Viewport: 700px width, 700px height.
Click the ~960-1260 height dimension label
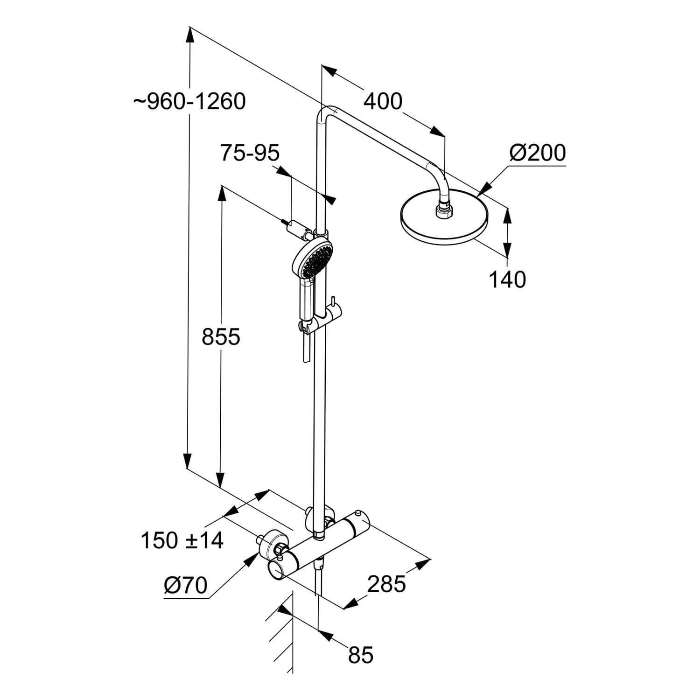click(x=189, y=101)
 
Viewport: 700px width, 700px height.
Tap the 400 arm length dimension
click(x=383, y=101)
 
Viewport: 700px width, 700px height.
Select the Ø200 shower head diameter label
click(x=537, y=153)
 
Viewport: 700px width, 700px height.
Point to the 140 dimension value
click(x=507, y=280)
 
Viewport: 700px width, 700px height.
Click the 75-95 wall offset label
click(x=250, y=153)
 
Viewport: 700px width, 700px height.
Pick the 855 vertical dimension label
click(x=221, y=336)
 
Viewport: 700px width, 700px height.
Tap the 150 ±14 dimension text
click(x=182, y=540)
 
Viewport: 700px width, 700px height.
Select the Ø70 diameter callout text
click(x=185, y=585)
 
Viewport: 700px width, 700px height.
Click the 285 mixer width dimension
click(x=386, y=583)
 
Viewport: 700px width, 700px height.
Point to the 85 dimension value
click(x=361, y=655)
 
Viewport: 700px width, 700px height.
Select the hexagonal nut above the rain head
click(x=443, y=210)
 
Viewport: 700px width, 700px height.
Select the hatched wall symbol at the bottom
click(x=280, y=639)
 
